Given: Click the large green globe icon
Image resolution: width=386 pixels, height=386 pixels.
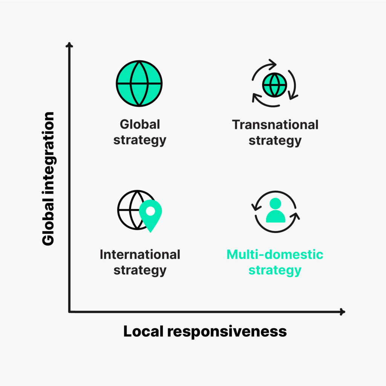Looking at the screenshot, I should (x=139, y=83).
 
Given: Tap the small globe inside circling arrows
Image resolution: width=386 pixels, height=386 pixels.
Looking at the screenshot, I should (x=275, y=84).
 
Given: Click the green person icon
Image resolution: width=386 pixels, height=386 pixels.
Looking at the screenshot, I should (x=276, y=211).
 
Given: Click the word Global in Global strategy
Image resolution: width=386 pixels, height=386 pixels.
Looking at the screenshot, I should (x=140, y=124).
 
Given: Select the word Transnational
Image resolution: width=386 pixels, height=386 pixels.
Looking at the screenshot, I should (x=275, y=124).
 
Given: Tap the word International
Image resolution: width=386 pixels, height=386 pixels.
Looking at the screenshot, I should (x=140, y=254).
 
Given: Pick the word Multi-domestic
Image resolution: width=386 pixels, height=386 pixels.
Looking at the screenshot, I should (x=275, y=254).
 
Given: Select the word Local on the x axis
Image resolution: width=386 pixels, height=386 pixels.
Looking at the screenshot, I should (x=144, y=332).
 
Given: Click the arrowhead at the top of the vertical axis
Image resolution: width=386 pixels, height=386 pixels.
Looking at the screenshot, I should (x=69, y=45).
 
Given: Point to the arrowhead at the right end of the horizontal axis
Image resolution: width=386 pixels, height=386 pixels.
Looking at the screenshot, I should (x=342, y=312).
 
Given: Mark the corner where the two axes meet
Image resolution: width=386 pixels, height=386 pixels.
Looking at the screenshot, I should (x=70, y=311).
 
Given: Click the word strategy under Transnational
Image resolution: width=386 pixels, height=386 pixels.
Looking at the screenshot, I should (x=275, y=141).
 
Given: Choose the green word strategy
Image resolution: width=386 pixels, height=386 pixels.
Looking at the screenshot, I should (x=275, y=270).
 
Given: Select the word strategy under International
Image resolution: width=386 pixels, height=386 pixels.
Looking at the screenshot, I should (x=140, y=270).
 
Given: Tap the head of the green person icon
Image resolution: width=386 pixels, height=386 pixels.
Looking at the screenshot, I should (x=276, y=204).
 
